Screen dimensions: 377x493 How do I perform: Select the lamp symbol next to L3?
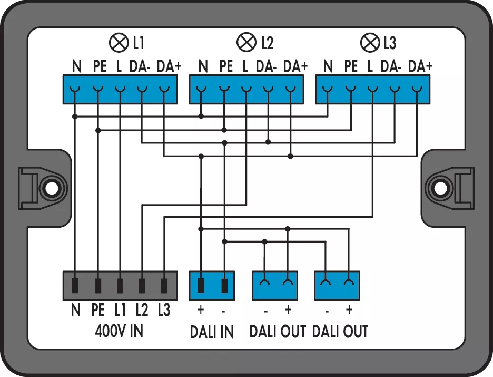pos(367,42)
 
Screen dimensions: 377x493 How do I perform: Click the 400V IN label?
pos(119,331)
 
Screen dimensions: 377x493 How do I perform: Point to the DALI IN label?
pos(212,332)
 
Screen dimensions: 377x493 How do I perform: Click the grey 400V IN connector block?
pos(120,285)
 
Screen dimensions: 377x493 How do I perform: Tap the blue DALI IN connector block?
pos(212,285)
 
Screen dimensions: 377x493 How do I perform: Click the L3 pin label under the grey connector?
pos(164,310)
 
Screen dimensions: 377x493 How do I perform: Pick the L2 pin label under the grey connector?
pos(141,310)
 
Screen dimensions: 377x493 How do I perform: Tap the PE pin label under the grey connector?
pos(98,310)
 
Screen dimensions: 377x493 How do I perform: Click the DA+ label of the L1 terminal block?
pos(169,66)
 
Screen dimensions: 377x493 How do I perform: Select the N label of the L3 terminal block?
pos(328,66)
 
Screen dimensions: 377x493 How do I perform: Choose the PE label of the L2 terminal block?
pos(225,66)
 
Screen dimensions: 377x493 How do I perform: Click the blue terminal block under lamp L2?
pos(246,89)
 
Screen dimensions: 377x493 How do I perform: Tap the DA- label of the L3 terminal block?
pos(391,66)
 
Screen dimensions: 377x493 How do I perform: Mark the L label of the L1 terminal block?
pos(119,66)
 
